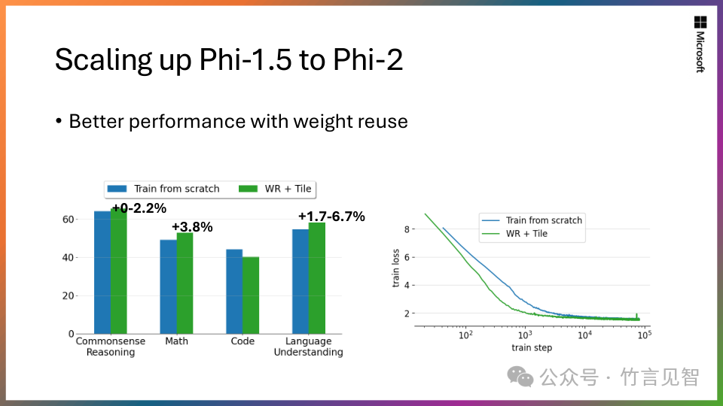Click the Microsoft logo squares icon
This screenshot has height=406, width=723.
point(700,23)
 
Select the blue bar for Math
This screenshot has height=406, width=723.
point(168,286)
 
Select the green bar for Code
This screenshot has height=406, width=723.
point(251,295)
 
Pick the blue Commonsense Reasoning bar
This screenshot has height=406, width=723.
point(102,272)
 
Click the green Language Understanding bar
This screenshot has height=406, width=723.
point(316,278)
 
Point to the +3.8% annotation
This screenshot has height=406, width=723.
point(192,227)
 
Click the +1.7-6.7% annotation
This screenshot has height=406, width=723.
point(331,217)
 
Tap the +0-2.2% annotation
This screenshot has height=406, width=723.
point(139,208)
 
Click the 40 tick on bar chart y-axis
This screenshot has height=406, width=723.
point(69,258)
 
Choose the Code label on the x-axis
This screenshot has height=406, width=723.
point(243,341)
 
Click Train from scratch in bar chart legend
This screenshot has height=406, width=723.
point(176,189)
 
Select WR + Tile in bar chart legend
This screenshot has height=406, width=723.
point(288,189)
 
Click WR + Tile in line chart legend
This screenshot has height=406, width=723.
point(526,234)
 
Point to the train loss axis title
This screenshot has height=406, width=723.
point(395,270)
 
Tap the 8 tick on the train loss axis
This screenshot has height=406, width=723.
point(407,229)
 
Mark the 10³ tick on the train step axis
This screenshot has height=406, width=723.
point(525,335)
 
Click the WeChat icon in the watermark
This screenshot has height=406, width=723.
point(519,376)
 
